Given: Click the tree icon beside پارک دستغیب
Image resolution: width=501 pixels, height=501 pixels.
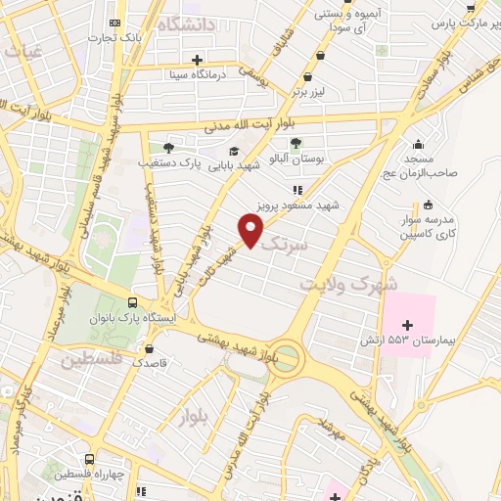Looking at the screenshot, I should click(168, 148).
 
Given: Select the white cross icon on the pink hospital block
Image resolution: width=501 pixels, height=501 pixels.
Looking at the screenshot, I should click(408, 322).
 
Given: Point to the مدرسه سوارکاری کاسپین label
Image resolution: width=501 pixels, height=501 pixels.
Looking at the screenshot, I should click(429, 227).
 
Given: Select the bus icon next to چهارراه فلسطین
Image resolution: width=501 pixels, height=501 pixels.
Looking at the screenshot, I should click(90, 457).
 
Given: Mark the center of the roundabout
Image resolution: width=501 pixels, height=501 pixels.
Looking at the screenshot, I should click(288, 357).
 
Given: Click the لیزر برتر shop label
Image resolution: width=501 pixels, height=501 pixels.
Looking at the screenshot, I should click(307, 92).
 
